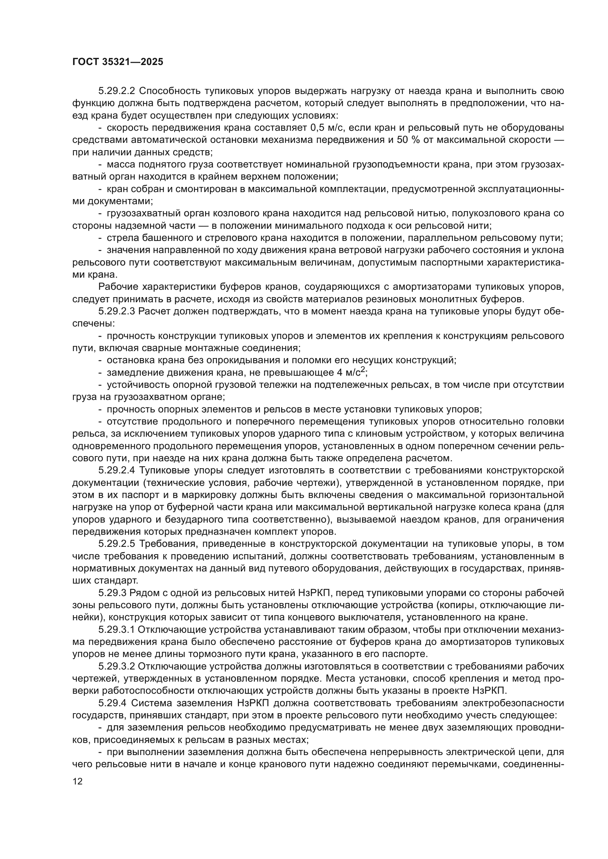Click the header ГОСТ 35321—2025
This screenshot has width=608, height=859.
coord(118,62)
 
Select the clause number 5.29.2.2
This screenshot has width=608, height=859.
coord(118,91)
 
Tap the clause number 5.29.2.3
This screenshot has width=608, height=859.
coord(118,311)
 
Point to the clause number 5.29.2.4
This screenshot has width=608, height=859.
coord(118,470)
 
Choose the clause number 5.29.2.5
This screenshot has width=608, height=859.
coord(118,544)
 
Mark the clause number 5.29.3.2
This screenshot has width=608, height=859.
coord(118,666)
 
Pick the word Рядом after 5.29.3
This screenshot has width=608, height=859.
coord(153,593)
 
